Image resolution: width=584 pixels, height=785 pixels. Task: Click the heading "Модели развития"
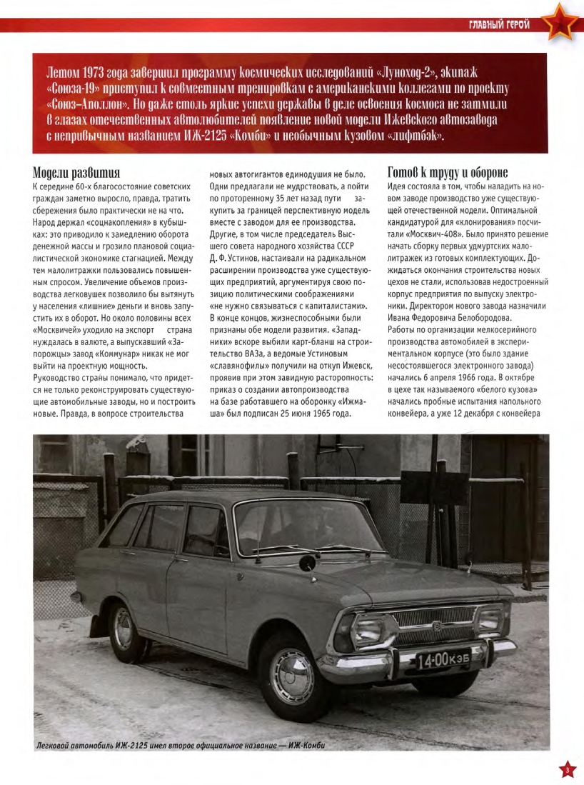point(76,173)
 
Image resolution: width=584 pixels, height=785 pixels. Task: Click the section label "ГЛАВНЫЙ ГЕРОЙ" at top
point(499,25)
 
